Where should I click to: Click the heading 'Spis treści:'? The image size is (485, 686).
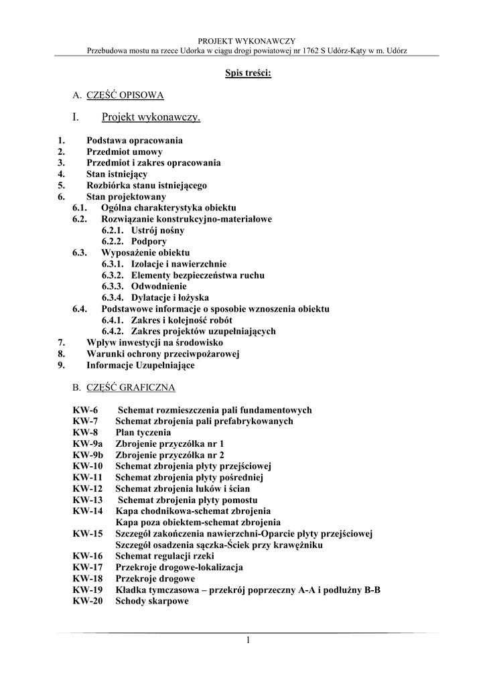248,72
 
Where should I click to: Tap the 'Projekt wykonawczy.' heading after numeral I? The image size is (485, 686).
151,118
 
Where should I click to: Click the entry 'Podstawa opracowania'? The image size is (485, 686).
134,141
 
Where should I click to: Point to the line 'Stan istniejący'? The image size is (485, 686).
117,174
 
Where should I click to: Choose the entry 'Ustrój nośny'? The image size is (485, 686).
158,230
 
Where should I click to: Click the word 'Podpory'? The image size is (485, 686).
149,241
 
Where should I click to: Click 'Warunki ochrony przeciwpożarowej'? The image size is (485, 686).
163,354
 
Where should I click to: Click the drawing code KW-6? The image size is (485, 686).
85,410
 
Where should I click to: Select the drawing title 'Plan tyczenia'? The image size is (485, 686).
143,433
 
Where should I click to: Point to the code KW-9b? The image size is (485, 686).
88,456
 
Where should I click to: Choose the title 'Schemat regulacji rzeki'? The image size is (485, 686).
166,556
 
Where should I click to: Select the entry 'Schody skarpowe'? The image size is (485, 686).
151,601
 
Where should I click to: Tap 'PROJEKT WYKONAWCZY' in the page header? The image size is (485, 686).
247,41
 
